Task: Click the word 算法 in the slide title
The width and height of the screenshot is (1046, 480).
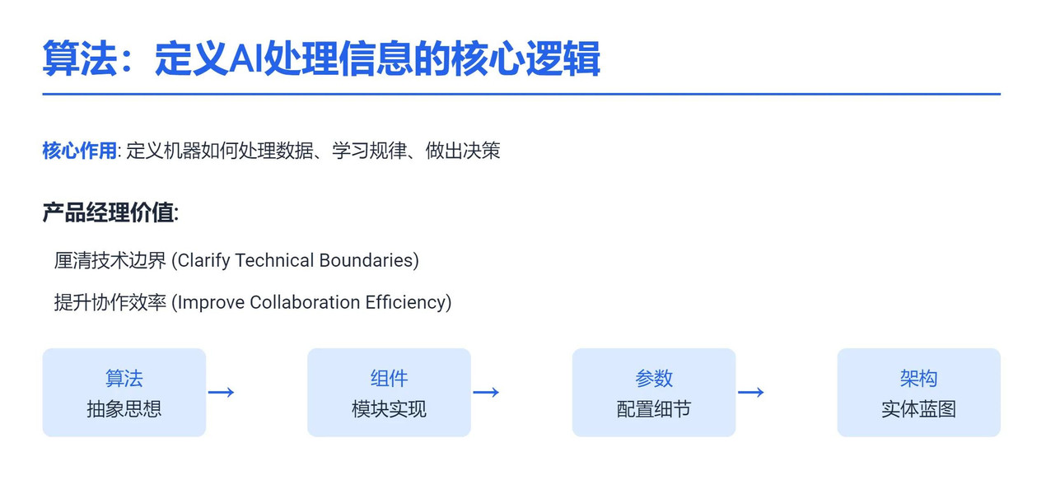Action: click(x=79, y=58)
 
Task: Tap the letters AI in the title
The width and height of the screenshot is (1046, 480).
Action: click(x=246, y=59)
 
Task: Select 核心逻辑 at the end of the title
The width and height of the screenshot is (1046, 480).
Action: click(x=525, y=58)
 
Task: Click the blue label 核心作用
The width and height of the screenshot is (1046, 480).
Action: click(x=79, y=151)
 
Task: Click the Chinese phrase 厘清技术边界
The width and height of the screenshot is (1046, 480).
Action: click(x=110, y=260)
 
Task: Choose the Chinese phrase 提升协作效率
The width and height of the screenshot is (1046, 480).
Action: click(x=110, y=302)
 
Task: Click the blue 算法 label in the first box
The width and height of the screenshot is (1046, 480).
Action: click(x=124, y=378)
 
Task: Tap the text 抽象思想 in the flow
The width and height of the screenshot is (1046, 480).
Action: click(x=124, y=409)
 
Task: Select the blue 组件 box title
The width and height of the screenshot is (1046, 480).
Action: click(x=389, y=378)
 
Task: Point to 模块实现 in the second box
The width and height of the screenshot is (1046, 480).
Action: click(x=389, y=409)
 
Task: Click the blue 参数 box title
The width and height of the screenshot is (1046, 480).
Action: click(x=654, y=378)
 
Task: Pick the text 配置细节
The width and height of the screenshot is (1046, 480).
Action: click(x=654, y=409)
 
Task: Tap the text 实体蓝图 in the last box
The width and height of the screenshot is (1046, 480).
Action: click(x=918, y=409)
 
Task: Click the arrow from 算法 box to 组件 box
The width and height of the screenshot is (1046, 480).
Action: click(x=222, y=392)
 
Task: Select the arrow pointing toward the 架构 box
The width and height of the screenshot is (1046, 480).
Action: click(x=751, y=392)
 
